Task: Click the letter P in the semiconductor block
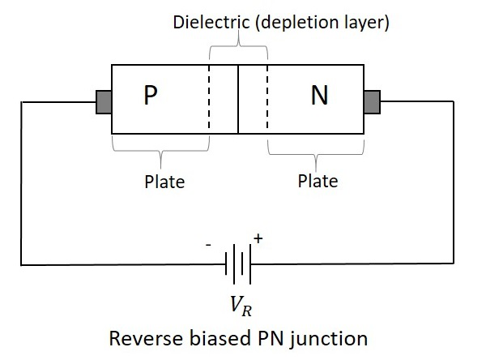150,96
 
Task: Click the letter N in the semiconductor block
319,96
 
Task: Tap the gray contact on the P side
104,102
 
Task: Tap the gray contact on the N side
372,102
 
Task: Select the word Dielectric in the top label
208,23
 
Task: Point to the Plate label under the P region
164,181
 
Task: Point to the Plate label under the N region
318,180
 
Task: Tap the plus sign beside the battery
259,239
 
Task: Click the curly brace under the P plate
160,150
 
